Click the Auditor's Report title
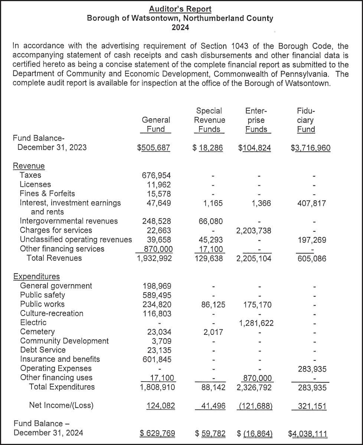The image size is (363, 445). pyautogui.click(x=180, y=9)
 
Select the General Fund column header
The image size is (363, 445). pyautogui.click(x=156, y=125)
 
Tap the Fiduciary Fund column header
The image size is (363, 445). pyautogui.click(x=306, y=120)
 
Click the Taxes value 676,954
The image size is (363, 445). pyautogui.click(x=157, y=175)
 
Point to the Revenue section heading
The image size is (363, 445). pyautogui.click(x=29, y=166)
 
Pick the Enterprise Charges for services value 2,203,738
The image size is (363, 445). pyautogui.click(x=254, y=231)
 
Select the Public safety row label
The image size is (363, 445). pyautogui.click(x=42, y=295)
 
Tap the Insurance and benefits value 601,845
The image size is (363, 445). pyautogui.click(x=157, y=359)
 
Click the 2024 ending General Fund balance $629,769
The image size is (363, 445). pyautogui.click(x=157, y=433)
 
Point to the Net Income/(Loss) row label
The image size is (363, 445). pyautogui.click(x=61, y=405)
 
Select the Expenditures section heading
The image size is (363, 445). pyautogui.click(x=36, y=277)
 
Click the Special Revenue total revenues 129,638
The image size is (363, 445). pyautogui.click(x=209, y=258)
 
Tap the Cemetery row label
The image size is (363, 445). pyautogui.click(x=37, y=332)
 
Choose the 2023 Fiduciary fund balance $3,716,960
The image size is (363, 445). pyautogui.click(x=311, y=148)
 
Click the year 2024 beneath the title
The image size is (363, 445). pyautogui.click(x=180, y=27)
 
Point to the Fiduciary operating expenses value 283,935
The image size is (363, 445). pyautogui.click(x=312, y=369)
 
